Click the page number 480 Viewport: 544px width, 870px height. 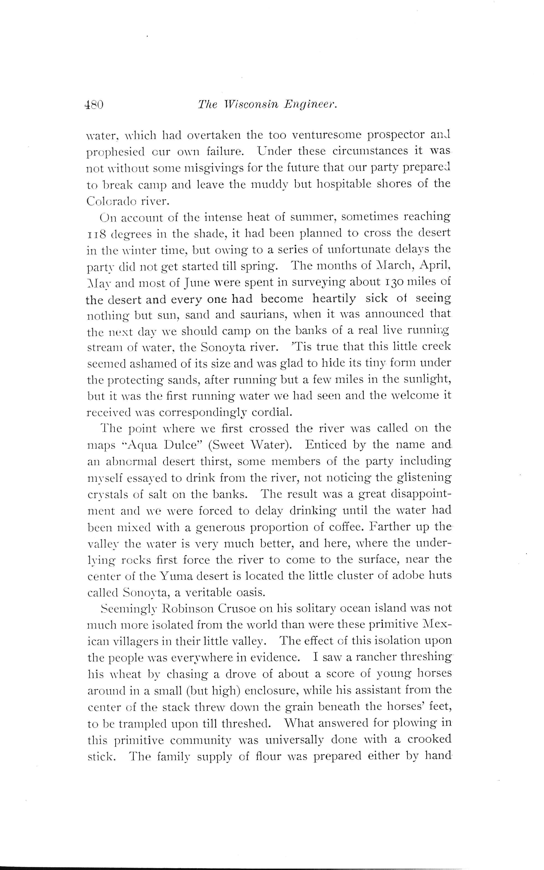coord(94,105)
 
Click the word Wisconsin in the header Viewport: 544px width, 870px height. coord(251,105)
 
